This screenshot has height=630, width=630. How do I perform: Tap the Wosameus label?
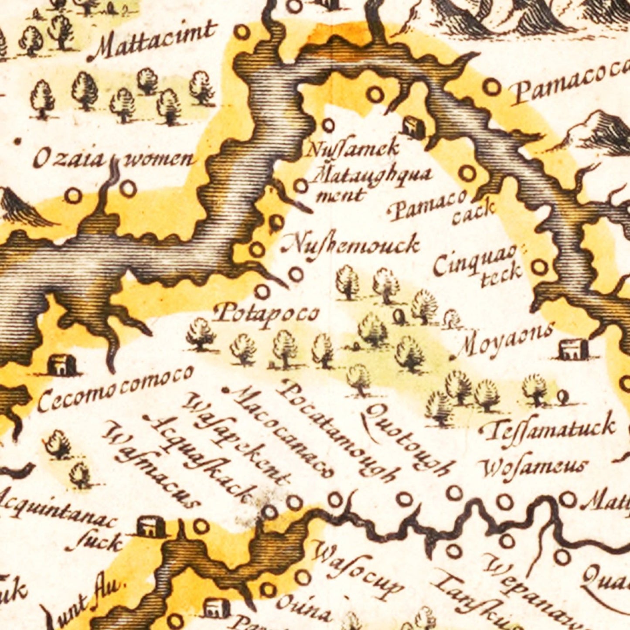(x=535, y=467)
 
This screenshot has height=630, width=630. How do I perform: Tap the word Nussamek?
(x=353, y=148)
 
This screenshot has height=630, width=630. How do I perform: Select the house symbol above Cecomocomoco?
(x=61, y=364)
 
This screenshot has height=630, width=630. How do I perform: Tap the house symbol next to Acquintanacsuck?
(x=151, y=526)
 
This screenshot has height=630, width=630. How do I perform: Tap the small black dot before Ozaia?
(x=18, y=141)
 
